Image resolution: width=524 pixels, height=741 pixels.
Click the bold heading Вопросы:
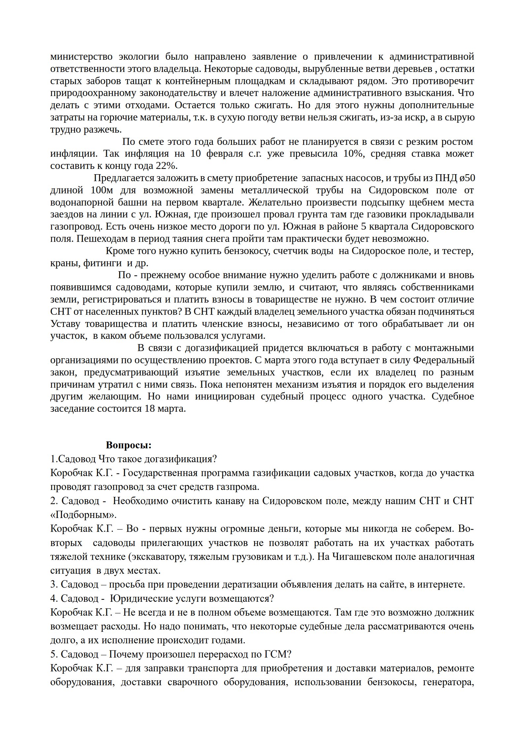(129, 445)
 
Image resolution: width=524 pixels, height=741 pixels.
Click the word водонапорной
(81, 202)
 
